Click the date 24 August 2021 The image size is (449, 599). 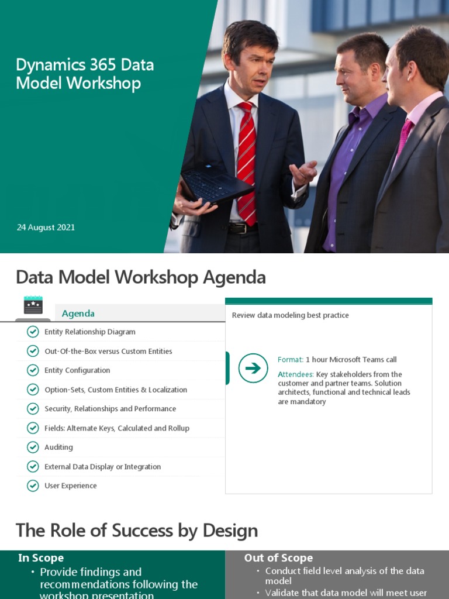pyautogui.click(x=46, y=228)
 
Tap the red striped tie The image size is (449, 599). pyautogui.click(x=246, y=158)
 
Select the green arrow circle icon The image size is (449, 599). pyautogui.click(x=253, y=368)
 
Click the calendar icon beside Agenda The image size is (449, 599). pyautogui.click(x=33, y=305)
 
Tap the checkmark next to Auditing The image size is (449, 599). pyautogui.click(x=33, y=447)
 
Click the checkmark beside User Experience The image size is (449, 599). pyautogui.click(x=33, y=486)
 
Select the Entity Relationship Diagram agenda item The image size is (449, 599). pyautogui.click(x=89, y=332)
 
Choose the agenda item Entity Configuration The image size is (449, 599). pyautogui.click(x=77, y=370)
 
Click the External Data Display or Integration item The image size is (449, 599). pyautogui.click(x=102, y=467)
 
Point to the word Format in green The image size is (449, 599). pyautogui.click(x=290, y=360)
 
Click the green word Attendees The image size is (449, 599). pyautogui.click(x=295, y=374)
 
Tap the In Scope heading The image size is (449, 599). pyautogui.click(x=41, y=558)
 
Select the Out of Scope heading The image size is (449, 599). pyautogui.click(x=278, y=558)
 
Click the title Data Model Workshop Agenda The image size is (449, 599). pyautogui.click(x=140, y=277)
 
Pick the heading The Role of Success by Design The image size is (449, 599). pyautogui.click(x=137, y=531)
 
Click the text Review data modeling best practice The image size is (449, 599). pyautogui.click(x=290, y=315)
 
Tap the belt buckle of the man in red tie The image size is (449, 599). pyautogui.click(x=236, y=228)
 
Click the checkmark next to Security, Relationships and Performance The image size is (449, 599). pyautogui.click(x=33, y=409)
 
